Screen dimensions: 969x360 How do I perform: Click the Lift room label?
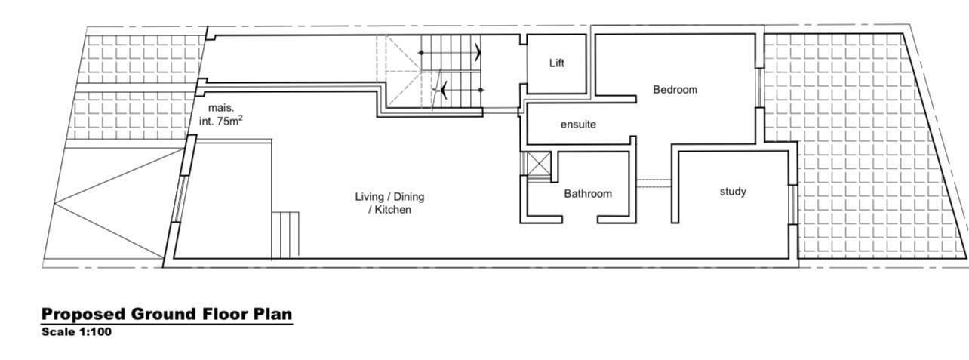(x=557, y=63)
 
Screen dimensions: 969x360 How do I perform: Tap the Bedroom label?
(x=675, y=90)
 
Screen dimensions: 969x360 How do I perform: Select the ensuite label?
(x=578, y=125)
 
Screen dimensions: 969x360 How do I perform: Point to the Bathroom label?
(x=588, y=193)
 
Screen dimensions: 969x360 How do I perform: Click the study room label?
(x=733, y=192)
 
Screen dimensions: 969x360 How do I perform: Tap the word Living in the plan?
(x=370, y=197)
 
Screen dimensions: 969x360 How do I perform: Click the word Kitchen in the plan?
(x=392, y=210)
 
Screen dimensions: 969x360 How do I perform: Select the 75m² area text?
(x=229, y=121)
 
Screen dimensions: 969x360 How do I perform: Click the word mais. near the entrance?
(x=221, y=108)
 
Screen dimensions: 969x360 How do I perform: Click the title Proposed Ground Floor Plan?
(x=167, y=314)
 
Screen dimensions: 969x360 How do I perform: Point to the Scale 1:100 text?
(x=76, y=332)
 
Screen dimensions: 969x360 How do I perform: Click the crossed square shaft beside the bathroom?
(x=539, y=163)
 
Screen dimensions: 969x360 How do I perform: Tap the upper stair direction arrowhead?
(x=477, y=52)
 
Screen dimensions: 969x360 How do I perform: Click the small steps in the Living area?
(x=285, y=235)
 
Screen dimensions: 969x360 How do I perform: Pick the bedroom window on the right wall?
(x=759, y=88)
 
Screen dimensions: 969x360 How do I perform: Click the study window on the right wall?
(x=792, y=205)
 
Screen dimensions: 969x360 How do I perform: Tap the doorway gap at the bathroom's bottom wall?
(x=580, y=220)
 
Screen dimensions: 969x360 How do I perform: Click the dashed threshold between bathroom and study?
(x=654, y=183)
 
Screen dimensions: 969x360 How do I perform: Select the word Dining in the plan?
(x=409, y=197)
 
